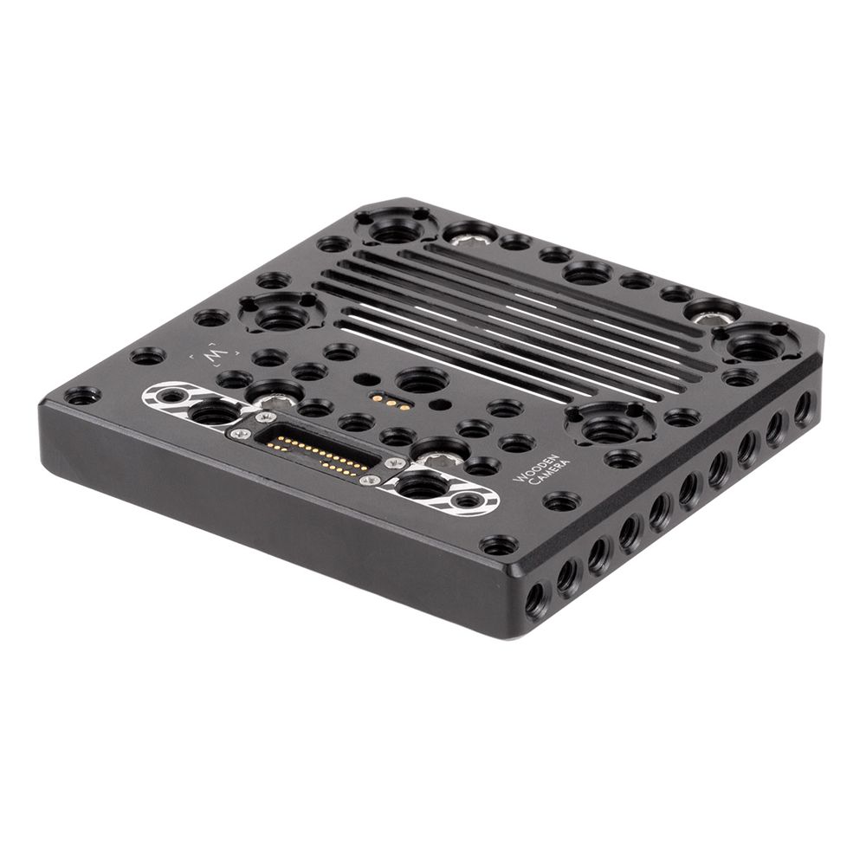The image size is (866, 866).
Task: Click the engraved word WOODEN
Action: pos(535,468)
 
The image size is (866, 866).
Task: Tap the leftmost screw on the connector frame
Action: pos(238,435)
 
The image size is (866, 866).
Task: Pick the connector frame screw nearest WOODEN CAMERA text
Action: pos(395,462)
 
